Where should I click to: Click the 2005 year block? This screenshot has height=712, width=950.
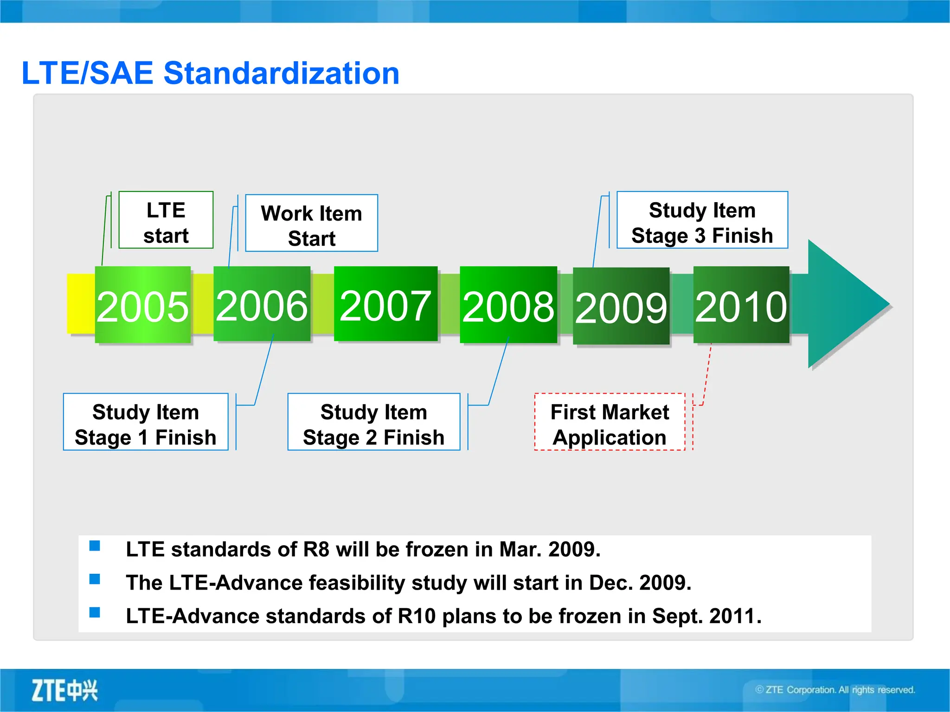pyautogui.click(x=142, y=305)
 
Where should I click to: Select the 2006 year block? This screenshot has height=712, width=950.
pyautogui.click(x=262, y=304)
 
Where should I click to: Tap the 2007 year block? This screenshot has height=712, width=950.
pyautogui.click(x=385, y=304)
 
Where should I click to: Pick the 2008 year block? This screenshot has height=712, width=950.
pyautogui.click(x=508, y=305)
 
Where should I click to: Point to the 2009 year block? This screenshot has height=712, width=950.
pyautogui.click(x=621, y=306)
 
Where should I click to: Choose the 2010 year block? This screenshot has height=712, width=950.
pyautogui.click(x=741, y=305)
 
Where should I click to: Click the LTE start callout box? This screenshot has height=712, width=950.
pyautogui.click(x=166, y=220)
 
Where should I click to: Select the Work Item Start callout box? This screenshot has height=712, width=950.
pyautogui.click(x=311, y=223)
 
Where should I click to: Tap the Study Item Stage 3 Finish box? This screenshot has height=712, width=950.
pyautogui.click(x=702, y=220)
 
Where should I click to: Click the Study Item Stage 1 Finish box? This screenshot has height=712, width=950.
pyautogui.click(x=146, y=422)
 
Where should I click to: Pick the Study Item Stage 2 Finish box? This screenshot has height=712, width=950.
pyautogui.click(x=373, y=422)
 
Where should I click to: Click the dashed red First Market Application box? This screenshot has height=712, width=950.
pyautogui.click(x=610, y=422)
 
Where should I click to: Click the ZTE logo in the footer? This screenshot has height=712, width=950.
pyautogui.click(x=64, y=691)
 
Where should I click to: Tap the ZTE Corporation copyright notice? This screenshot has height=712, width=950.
pyautogui.click(x=835, y=690)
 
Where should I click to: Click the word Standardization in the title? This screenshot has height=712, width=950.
pyautogui.click(x=282, y=73)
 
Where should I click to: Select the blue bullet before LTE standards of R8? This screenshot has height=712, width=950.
pyautogui.click(x=95, y=546)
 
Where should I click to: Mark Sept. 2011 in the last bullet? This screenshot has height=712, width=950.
pyautogui.click(x=706, y=616)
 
